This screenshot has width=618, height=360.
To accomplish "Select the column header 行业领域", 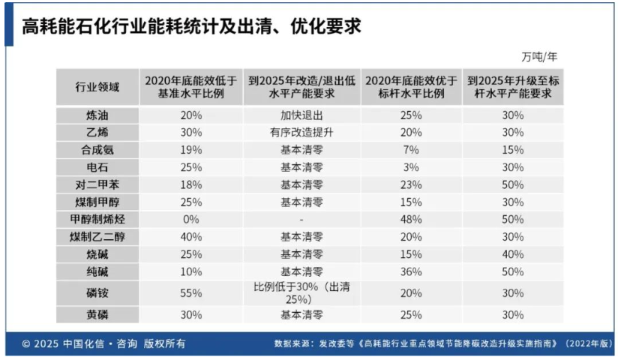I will (x=97, y=88).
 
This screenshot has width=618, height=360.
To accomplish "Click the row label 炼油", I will (x=97, y=115).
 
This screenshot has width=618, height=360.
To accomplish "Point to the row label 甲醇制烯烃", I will (x=97, y=219).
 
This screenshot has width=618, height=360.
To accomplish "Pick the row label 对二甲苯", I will (x=97, y=184).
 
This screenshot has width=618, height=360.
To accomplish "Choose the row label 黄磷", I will (x=97, y=313).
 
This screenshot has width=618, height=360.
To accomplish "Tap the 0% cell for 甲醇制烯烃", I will (x=191, y=219).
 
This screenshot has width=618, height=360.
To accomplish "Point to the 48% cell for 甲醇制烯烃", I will (x=410, y=219).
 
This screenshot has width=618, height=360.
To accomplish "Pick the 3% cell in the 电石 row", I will (x=410, y=167).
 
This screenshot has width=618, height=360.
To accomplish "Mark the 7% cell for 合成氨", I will (x=410, y=150).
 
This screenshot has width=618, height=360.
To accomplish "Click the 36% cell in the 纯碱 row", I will (x=410, y=271).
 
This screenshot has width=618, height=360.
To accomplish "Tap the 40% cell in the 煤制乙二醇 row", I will (x=191, y=236).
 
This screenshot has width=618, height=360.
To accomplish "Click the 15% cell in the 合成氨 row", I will (x=513, y=150).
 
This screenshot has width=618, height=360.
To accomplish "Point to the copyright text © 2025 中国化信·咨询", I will (x=103, y=344).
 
